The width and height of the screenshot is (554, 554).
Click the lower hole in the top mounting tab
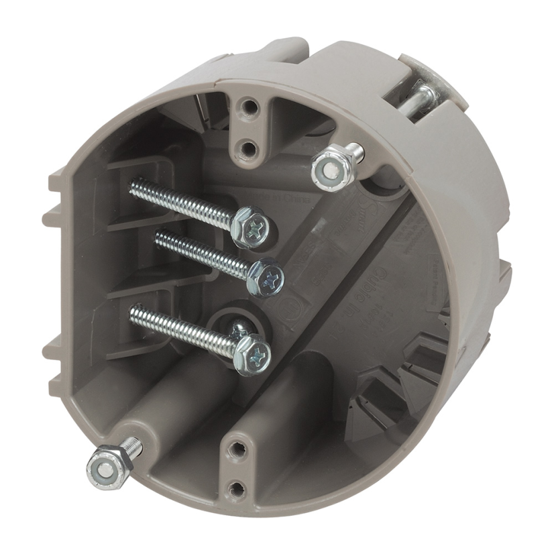247,148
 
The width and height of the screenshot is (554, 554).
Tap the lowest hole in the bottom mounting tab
235,489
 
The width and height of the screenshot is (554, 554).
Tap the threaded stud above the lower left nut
133,445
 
